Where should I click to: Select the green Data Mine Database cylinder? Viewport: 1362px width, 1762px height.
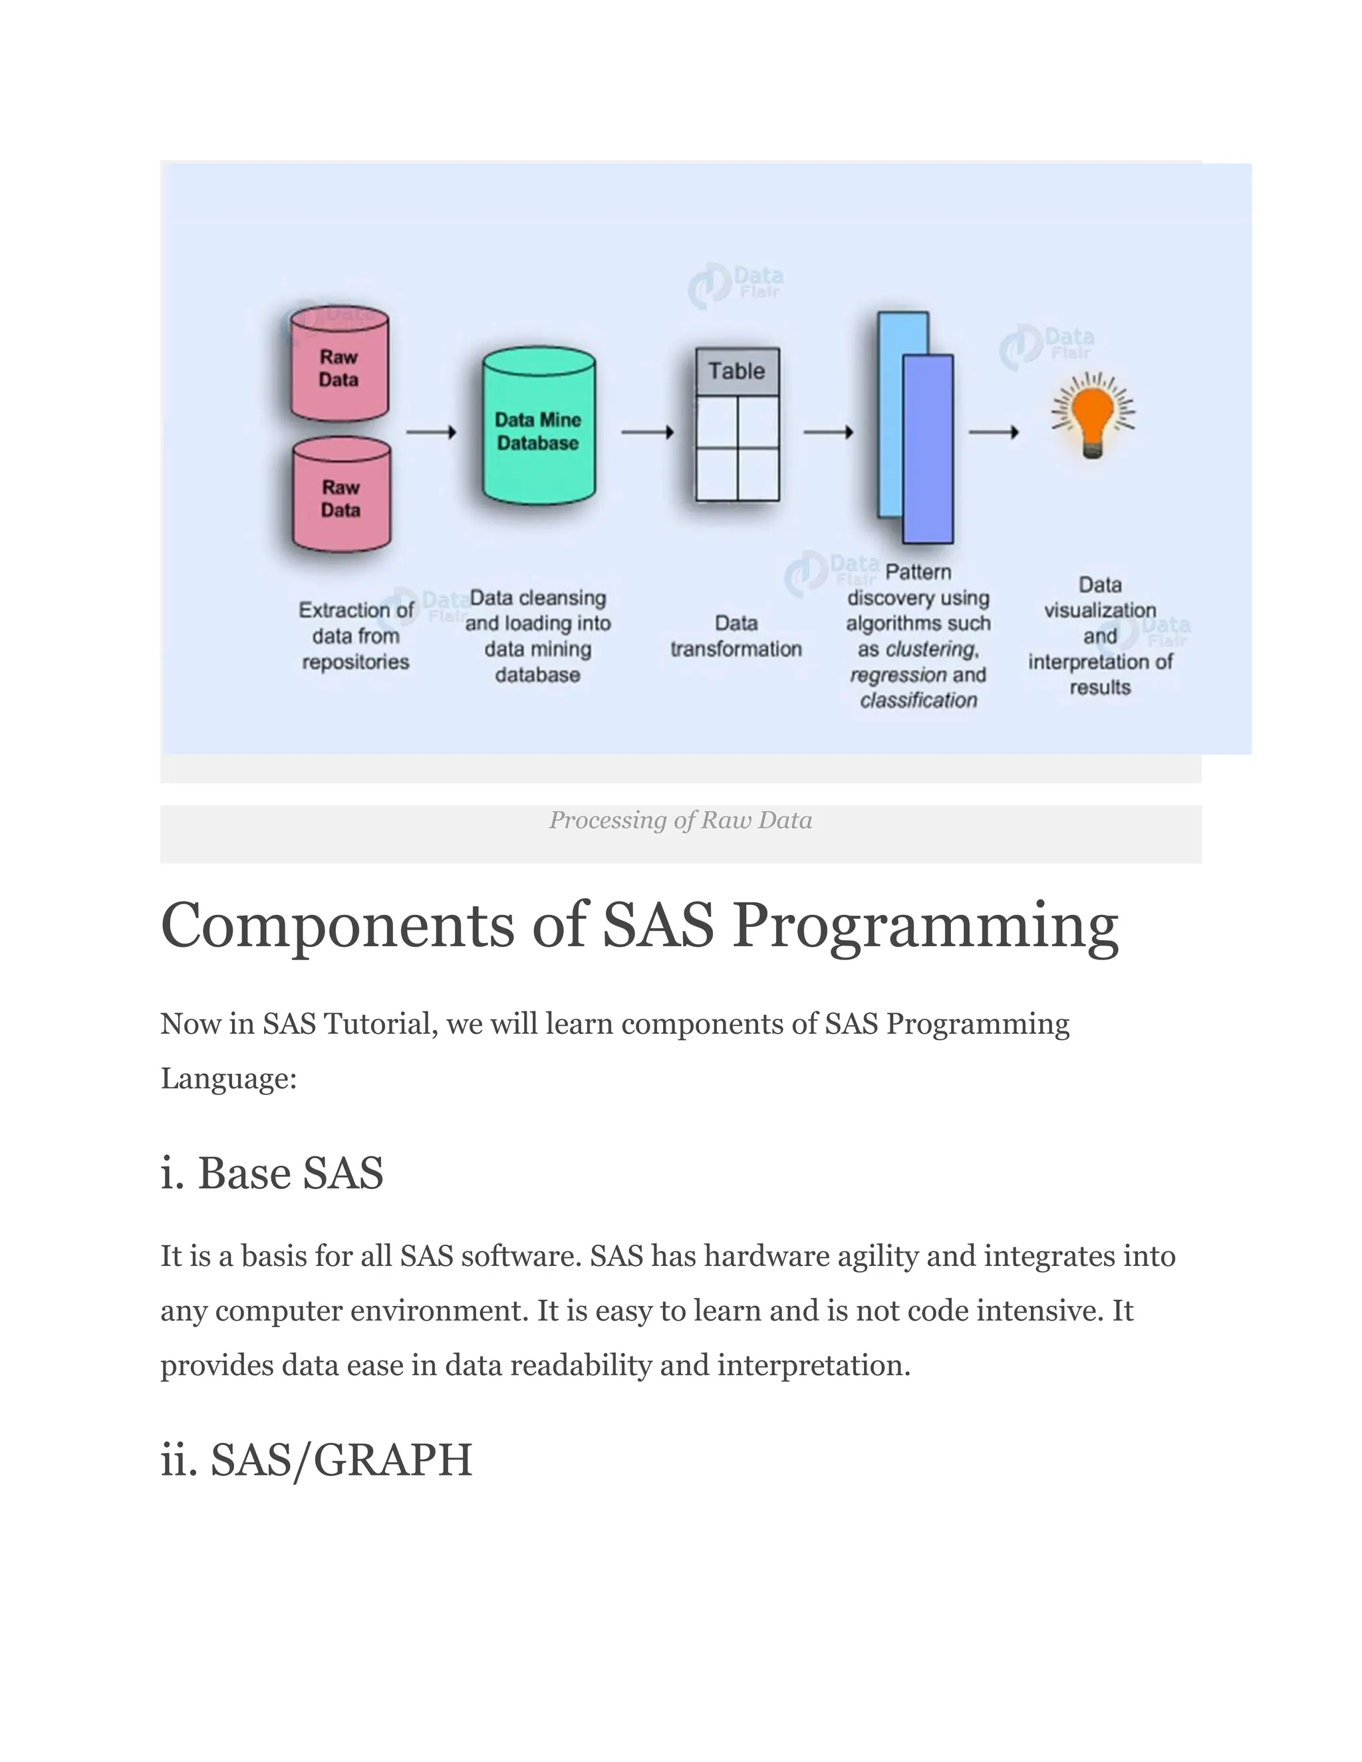click(538, 428)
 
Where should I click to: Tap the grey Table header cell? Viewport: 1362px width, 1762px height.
click(738, 371)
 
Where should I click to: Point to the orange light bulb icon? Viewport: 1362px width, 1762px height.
click(1093, 416)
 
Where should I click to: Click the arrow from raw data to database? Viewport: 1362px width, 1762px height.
click(431, 432)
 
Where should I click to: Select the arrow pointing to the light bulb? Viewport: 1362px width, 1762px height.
click(994, 432)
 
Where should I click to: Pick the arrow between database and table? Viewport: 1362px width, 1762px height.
click(647, 432)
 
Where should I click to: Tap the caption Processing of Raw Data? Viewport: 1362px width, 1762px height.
click(680, 820)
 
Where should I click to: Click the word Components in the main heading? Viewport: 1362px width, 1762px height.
click(337, 926)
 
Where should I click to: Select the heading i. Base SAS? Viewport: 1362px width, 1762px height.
click(272, 1173)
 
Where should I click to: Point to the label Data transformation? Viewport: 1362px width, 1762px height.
click(736, 636)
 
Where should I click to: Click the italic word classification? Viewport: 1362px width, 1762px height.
click(918, 700)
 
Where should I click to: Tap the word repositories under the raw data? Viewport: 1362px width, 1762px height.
click(356, 662)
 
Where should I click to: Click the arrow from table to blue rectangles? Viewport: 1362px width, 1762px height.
click(829, 432)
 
